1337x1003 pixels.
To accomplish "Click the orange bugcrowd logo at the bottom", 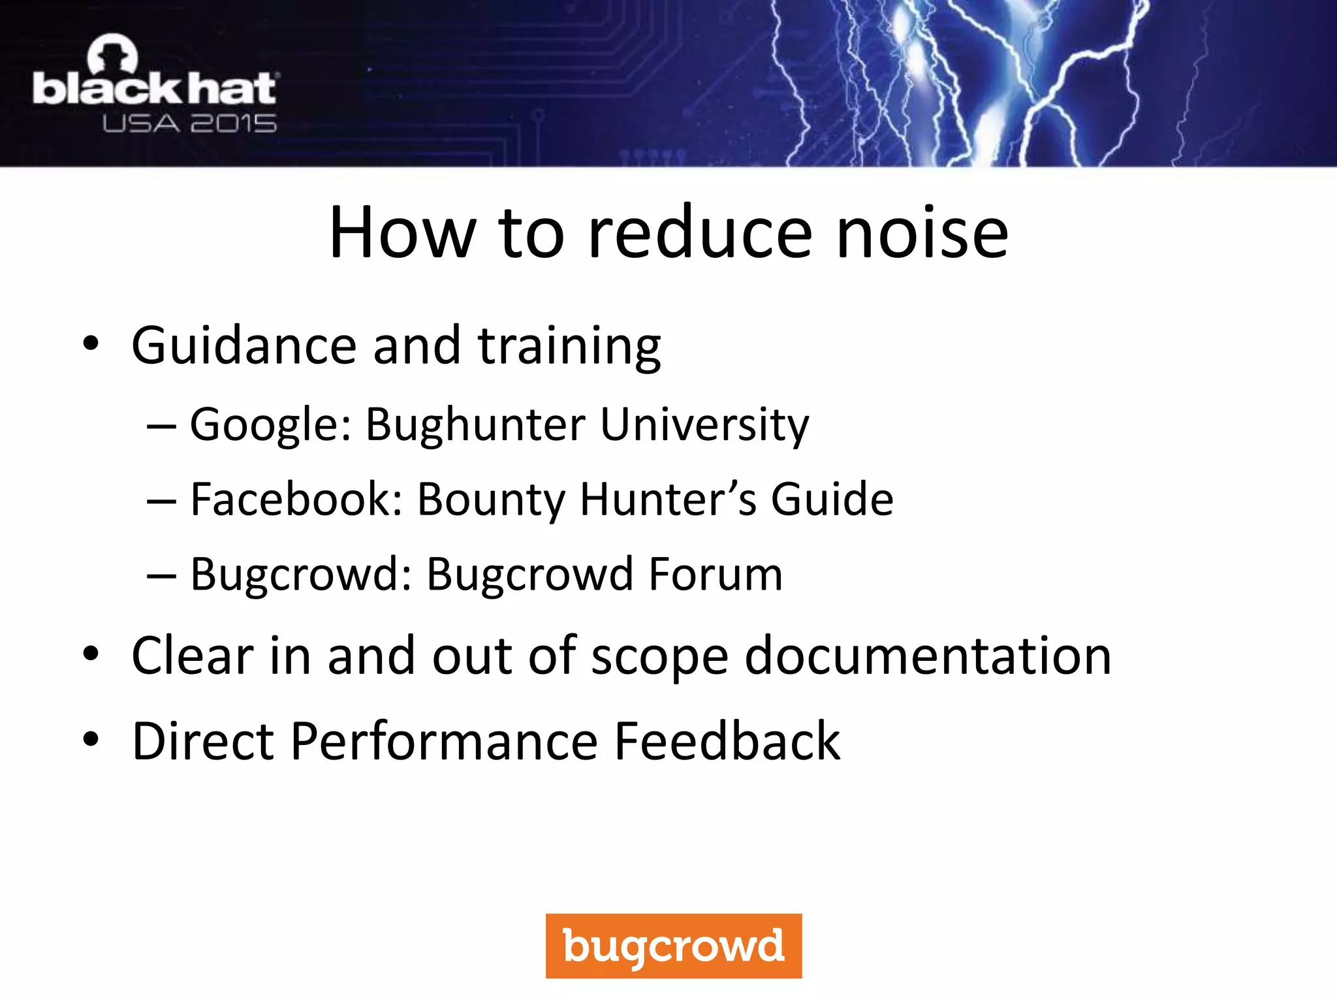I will point(673,946).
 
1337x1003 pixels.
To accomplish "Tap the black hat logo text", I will point(155,89).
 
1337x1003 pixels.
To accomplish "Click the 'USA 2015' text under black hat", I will point(189,123).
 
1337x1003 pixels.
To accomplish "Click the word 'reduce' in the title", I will point(700,233).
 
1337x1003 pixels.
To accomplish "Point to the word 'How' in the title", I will point(403,233).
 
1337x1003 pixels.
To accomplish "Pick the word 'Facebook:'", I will point(296,500).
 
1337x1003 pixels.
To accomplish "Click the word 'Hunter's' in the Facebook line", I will point(668,500).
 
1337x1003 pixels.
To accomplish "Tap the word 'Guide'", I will point(832,500).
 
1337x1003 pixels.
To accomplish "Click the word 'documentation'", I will point(928,656).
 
